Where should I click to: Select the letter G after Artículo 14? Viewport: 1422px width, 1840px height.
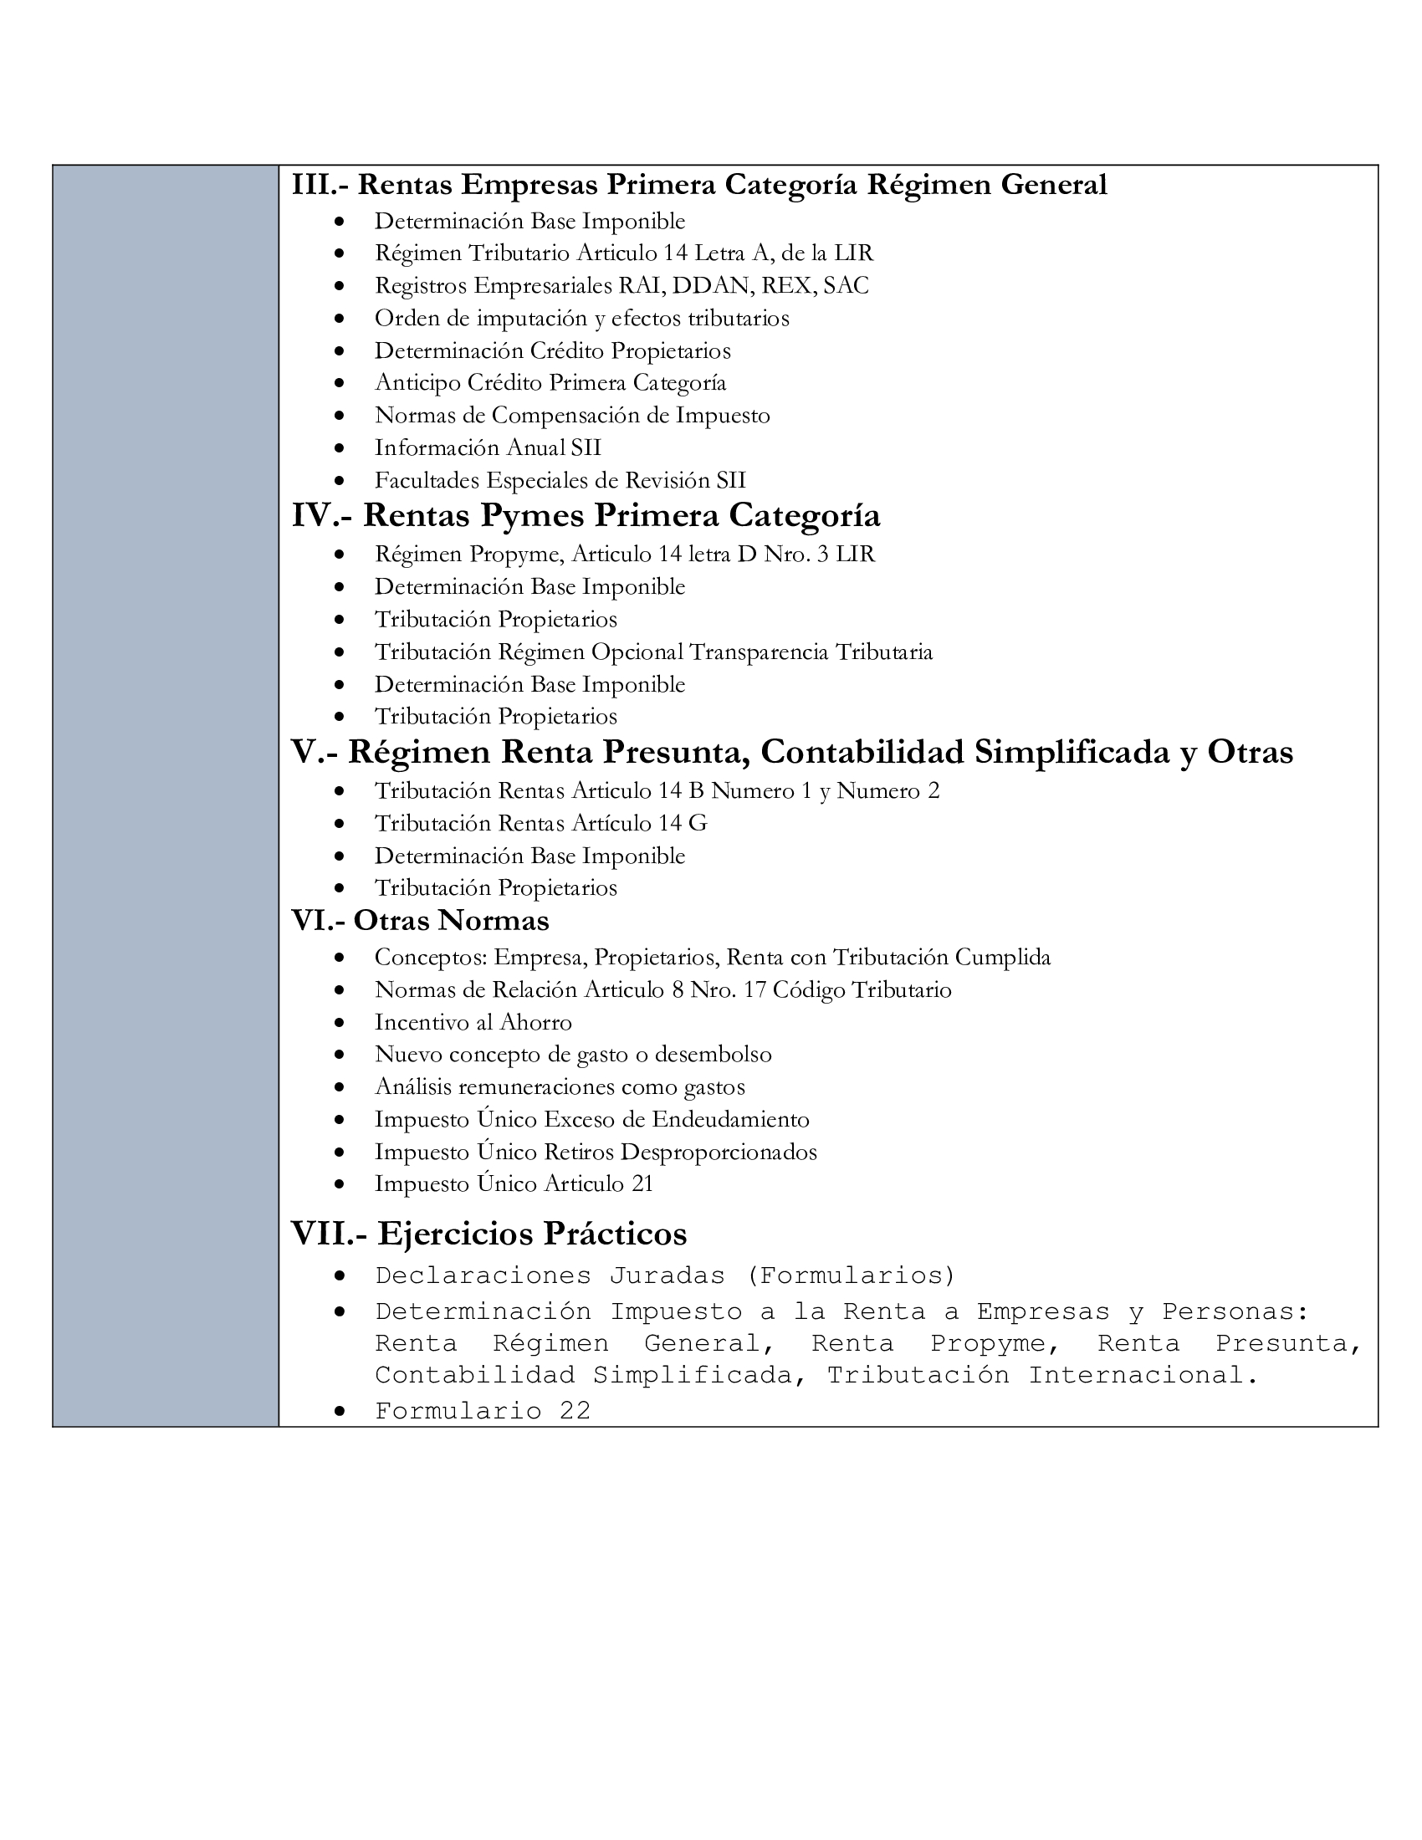coord(698,823)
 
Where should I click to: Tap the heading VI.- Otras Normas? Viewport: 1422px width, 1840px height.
coord(421,921)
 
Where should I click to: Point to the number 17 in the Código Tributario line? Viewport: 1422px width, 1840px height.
coord(754,990)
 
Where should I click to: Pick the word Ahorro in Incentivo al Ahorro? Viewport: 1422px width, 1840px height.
coord(536,1023)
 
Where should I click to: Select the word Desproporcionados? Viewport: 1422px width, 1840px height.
coord(719,1152)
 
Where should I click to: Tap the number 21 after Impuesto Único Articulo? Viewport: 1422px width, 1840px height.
coord(642,1184)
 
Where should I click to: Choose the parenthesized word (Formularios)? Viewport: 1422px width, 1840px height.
coord(851,1275)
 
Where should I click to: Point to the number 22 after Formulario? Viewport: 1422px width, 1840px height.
coord(575,1411)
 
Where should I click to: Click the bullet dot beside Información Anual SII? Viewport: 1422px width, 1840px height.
coord(339,448)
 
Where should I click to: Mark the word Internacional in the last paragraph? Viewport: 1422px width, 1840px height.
coord(1143,1376)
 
